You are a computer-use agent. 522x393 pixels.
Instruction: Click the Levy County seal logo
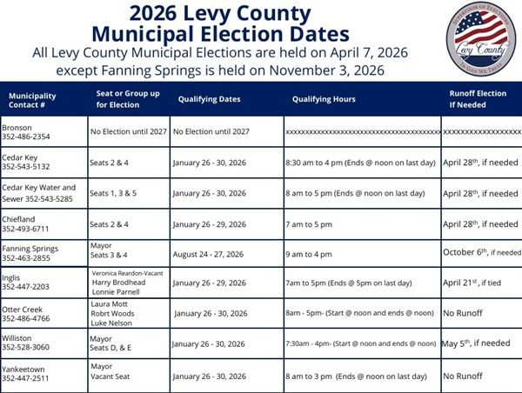[x=480, y=39]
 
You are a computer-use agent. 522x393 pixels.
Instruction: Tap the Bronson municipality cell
[x=26, y=131]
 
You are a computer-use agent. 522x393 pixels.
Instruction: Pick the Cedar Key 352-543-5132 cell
[x=30, y=162]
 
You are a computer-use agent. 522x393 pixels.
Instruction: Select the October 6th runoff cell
[x=481, y=252]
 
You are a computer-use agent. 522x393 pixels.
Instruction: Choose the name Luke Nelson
[x=114, y=323]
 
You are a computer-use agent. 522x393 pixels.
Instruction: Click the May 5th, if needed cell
[x=476, y=343]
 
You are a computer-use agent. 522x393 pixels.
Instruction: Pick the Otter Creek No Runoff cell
[x=463, y=313]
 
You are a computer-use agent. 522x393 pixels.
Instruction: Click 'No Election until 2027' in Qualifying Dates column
[x=211, y=131]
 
